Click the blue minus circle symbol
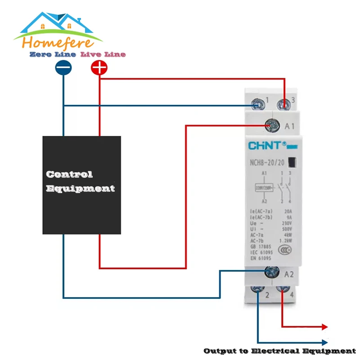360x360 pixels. [x=63, y=68]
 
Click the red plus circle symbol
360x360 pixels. [x=99, y=68]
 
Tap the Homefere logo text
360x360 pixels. [x=58, y=43]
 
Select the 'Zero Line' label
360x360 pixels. [x=53, y=54]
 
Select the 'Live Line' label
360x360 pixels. [x=103, y=54]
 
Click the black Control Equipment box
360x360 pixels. [x=81, y=185]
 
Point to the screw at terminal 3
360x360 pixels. [x=284, y=105]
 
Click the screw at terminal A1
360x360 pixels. [x=271, y=126]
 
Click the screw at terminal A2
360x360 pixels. [x=271, y=271]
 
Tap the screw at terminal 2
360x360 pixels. [x=257, y=290]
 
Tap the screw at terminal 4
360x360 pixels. [x=283, y=290]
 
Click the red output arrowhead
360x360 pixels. [x=325, y=327]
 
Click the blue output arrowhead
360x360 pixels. [x=325, y=342]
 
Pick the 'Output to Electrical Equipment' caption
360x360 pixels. [x=279, y=351]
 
